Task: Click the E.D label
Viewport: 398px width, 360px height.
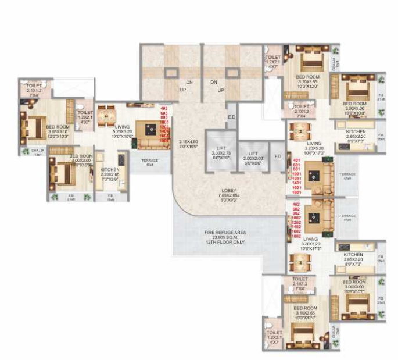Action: [231, 117]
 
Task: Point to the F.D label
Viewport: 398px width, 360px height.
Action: [278, 156]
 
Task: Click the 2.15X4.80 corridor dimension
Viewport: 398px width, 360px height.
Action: [188, 142]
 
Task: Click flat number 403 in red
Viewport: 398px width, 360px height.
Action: [164, 108]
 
